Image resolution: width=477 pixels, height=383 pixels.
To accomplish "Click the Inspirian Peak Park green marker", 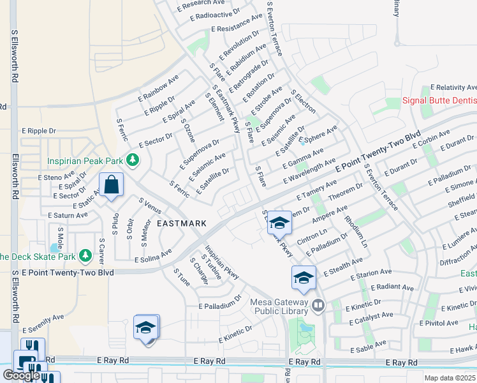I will (x=133, y=160).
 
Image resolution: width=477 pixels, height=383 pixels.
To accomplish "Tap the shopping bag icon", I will (x=111, y=185).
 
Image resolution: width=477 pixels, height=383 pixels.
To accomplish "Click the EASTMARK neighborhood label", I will (x=182, y=223).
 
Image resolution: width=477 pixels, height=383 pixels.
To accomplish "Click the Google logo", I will (x=21, y=375).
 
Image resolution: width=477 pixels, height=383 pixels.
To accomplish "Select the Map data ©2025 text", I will (x=450, y=378).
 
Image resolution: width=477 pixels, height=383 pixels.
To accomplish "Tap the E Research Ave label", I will (x=200, y=5).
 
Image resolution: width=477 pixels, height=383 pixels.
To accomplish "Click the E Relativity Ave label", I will (x=453, y=87).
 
